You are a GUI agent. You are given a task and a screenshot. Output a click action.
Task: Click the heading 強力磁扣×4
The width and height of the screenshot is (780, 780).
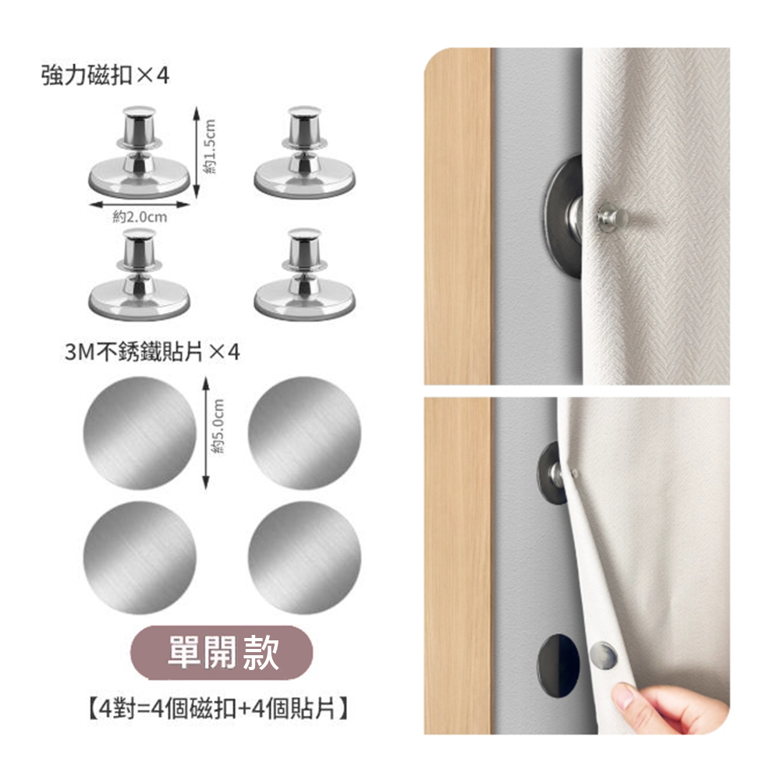pyautogui.click(x=105, y=76)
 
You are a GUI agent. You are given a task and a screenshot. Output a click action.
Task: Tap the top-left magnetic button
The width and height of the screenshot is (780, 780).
pyautogui.click(x=140, y=152)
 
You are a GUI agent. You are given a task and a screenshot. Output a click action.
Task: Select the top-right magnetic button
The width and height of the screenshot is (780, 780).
pyautogui.click(x=304, y=152)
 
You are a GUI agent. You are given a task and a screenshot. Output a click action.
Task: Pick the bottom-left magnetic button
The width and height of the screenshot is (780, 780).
pyautogui.click(x=140, y=275)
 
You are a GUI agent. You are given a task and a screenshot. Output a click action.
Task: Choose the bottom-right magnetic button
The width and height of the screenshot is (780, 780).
pyautogui.click(x=304, y=275)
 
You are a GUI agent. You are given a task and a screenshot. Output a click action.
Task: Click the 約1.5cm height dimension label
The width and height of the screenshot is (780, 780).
pyautogui.click(x=210, y=147)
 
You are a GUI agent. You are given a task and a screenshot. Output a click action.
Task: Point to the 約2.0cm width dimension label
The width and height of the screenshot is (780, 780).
pyautogui.click(x=140, y=217)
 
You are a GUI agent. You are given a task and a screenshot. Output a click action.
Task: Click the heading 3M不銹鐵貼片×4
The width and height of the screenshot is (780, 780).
pyautogui.click(x=152, y=353)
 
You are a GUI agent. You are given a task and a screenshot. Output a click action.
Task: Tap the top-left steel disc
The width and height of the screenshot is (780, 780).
pyautogui.click(x=140, y=433)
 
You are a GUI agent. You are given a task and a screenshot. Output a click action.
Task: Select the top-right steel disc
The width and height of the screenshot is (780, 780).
pyautogui.click(x=304, y=433)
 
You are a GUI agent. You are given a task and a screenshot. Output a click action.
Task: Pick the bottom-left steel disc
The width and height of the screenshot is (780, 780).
pyautogui.click(x=140, y=558)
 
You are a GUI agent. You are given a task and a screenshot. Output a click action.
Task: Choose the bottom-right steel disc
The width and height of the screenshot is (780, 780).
pyautogui.click(x=304, y=558)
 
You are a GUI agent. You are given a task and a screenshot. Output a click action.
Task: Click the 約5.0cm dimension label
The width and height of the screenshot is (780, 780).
pyautogui.click(x=218, y=427)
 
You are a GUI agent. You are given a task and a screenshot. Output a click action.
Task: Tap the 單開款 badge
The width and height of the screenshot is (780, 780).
pyautogui.click(x=222, y=652)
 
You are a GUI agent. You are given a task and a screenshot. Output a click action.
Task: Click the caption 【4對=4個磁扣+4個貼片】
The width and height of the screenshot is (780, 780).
pyautogui.click(x=218, y=708)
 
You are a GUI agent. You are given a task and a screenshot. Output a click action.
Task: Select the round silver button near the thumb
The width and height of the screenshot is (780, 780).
pyautogui.click(x=603, y=655)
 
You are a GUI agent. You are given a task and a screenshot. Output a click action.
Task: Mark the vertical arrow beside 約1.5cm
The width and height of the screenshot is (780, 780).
pyautogui.click(x=197, y=152)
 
